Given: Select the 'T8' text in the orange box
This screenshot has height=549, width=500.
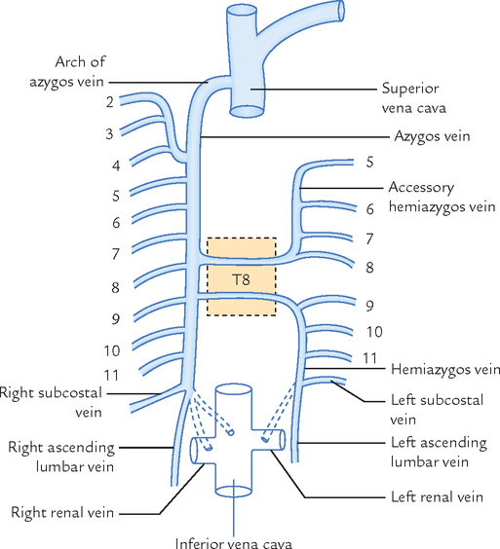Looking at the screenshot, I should click(242, 279).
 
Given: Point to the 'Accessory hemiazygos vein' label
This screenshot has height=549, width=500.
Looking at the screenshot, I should click(442, 197).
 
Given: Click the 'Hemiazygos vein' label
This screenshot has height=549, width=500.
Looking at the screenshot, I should click(444, 370).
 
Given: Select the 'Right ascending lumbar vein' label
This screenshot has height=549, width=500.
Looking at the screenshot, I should click(62, 457).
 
